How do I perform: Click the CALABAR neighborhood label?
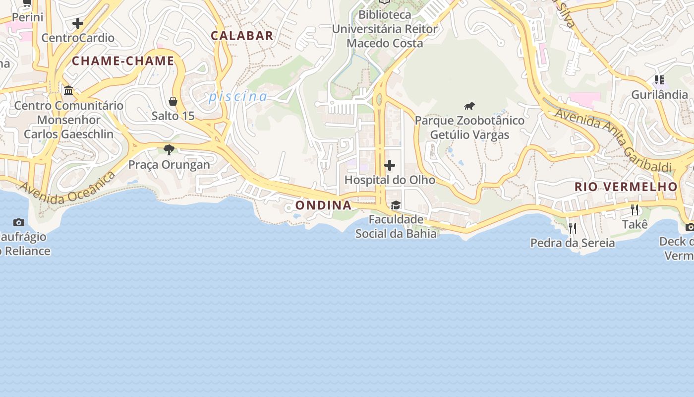(x=242, y=36)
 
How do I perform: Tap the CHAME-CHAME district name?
(x=123, y=61)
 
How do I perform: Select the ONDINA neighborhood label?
(x=323, y=205)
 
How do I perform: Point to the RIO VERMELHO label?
(x=626, y=187)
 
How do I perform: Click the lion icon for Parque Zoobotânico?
(x=469, y=106)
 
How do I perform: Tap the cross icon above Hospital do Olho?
(x=390, y=165)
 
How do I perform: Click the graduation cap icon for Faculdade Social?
(x=396, y=205)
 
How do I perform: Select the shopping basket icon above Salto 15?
(x=173, y=101)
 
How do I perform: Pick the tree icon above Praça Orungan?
(x=169, y=149)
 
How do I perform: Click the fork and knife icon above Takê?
(x=635, y=210)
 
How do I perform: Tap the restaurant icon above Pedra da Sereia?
(x=572, y=228)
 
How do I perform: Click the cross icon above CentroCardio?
(x=78, y=23)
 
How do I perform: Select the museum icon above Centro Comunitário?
(x=68, y=91)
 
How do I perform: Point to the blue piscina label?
(x=238, y=96)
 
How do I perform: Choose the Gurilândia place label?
(x=659, y=94)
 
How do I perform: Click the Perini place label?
(x=28, y=17)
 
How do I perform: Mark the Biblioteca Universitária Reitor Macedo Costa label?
(x=385, y=29)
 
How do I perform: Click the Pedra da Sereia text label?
(x=573, y=243)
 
